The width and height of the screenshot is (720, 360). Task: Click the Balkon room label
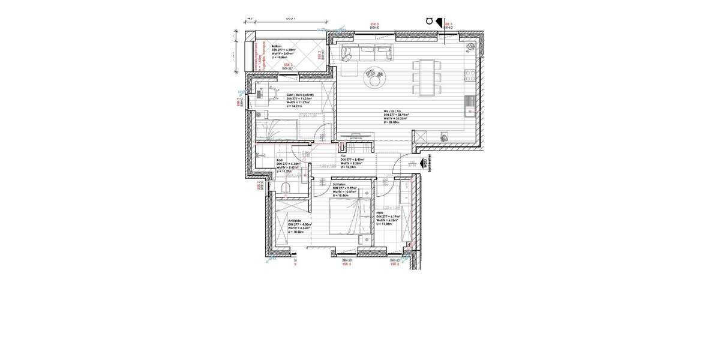(x=277, y=46)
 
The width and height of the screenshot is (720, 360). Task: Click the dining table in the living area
(x=427, y=77)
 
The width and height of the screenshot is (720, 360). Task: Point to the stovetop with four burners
(x=470, y=76)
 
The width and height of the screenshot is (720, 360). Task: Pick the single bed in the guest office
(x=276, y=128)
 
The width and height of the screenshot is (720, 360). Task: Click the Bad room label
(x=279, y=160)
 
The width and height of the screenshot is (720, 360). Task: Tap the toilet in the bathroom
(x=286, y=190)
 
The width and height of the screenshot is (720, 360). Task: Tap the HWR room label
(x=380, y=212)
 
